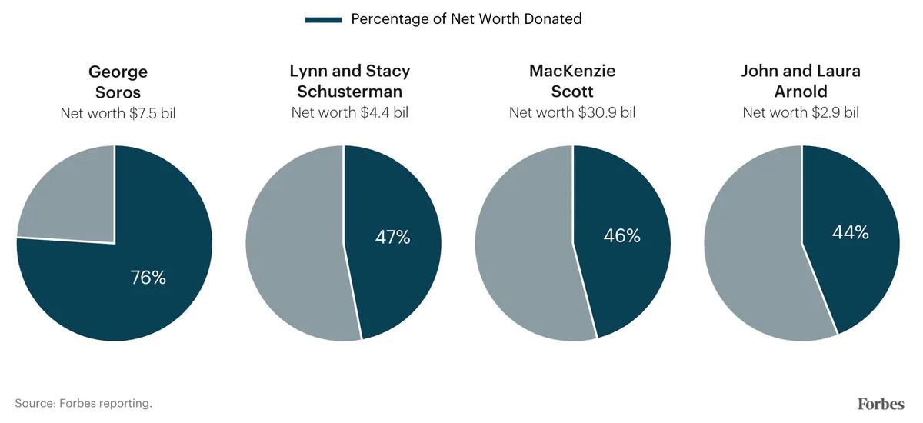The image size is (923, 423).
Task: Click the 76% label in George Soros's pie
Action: (148, 278)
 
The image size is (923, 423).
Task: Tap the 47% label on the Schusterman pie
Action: (392, 237)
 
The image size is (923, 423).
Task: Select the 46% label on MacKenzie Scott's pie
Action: (621, 236)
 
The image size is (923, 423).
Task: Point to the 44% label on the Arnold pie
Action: (850, 231)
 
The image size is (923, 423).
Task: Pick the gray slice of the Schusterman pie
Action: (296, 246)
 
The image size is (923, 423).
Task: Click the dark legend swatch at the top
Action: (323, 19)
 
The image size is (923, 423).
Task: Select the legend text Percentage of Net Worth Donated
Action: (466, 19)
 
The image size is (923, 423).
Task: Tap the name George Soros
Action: (118, 82)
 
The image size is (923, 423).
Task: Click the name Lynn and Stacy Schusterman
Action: (349, 82)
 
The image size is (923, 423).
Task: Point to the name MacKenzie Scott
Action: (572, 82)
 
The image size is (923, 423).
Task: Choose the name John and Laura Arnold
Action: (801, 82)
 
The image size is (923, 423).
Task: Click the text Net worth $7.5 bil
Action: (118, 113)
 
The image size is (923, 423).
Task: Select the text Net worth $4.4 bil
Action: (349, 113)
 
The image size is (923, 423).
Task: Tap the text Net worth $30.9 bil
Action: (572, 113)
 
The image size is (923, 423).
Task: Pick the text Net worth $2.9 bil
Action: (801, 113)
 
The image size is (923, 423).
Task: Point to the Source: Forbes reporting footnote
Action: (83, 403)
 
